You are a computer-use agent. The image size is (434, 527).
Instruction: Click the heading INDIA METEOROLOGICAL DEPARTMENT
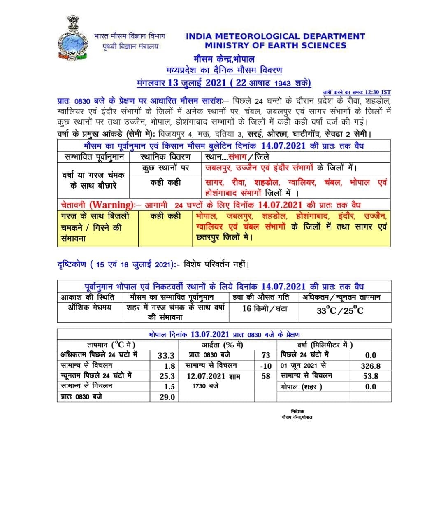[275, 36]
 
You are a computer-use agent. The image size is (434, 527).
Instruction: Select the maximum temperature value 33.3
[167, 355]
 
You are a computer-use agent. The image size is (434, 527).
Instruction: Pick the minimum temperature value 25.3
[167, 376]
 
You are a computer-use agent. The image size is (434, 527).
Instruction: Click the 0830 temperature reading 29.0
[167, 397]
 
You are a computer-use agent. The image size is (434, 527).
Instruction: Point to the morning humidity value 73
[266, 355]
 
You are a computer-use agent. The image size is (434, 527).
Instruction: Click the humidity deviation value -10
[266, 366]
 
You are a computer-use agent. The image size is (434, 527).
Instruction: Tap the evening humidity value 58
[266, 376]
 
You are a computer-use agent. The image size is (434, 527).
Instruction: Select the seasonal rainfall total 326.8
[370, 366]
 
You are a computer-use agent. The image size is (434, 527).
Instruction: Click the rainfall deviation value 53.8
[370, 376]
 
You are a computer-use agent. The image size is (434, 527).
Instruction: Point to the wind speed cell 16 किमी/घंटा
[265, 308]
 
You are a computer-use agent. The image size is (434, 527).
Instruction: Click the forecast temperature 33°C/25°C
[340, 310]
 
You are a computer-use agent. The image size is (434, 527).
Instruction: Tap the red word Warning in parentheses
[110, 205]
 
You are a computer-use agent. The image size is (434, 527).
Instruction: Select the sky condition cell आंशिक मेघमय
[90, 307]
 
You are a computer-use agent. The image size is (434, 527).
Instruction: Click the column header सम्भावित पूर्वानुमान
[94, 157]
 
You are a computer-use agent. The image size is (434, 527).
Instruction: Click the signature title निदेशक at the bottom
[297, 411]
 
